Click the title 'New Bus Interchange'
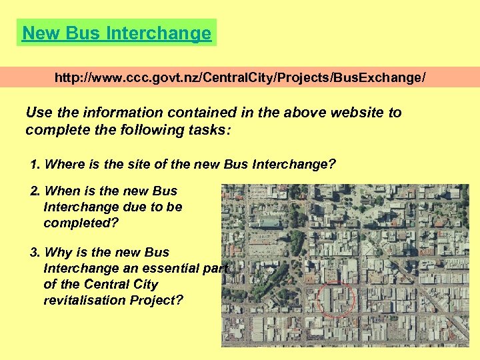[117, 33]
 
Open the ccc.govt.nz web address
[239, 78]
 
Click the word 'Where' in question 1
[65, 164]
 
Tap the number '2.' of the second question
[35, 191]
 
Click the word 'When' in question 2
[63, 191]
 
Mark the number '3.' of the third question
[35, 252]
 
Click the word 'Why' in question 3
[59, 252]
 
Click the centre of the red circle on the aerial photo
[337, 299]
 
